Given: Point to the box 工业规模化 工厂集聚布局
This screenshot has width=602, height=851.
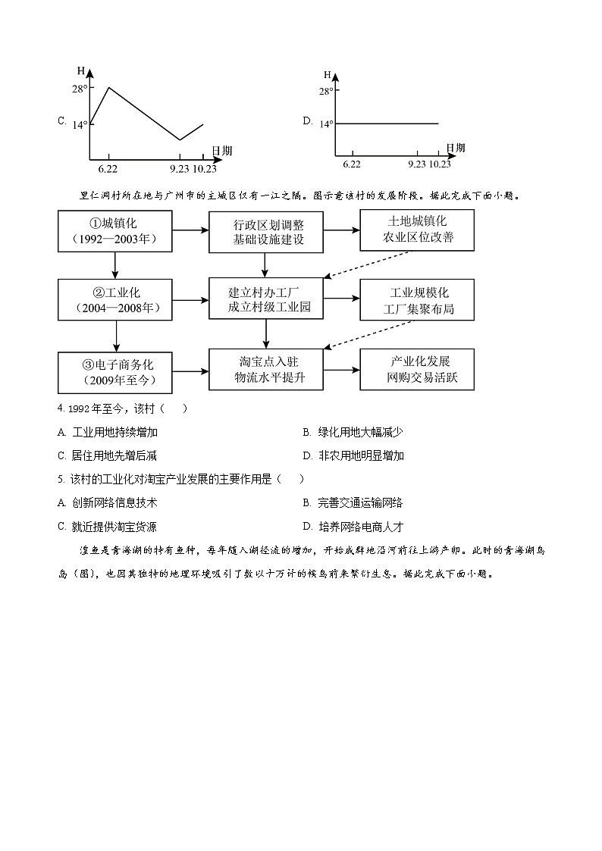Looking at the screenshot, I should coord(418,300).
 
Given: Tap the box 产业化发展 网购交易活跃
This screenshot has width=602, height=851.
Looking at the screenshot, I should coord(418,369).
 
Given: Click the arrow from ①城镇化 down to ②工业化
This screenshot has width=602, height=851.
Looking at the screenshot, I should coord(114,265).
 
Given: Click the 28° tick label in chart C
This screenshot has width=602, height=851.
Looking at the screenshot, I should coord(80,88).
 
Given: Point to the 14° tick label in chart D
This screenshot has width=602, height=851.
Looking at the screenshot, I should coord(326,123).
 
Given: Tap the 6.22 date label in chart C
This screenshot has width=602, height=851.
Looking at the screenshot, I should coord(107,167).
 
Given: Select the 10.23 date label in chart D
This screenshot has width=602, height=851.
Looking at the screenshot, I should coord(440,164).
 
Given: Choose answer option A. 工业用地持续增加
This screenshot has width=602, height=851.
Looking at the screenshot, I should coord(114,432).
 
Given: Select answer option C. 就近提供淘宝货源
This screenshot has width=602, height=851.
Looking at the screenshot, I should coord(107,527).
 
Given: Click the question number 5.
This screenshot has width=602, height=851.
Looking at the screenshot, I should coord(60,479).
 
